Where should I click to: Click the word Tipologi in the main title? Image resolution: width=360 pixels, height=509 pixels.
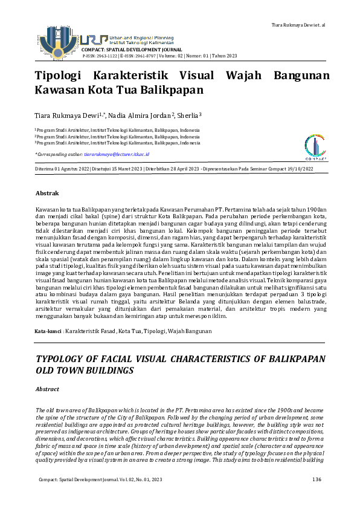click(57, 76)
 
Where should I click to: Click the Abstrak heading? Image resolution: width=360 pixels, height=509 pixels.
click(47, 193)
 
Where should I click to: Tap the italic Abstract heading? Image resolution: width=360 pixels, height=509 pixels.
click(48, 389)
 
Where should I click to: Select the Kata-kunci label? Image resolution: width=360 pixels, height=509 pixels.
click(48, 332)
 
